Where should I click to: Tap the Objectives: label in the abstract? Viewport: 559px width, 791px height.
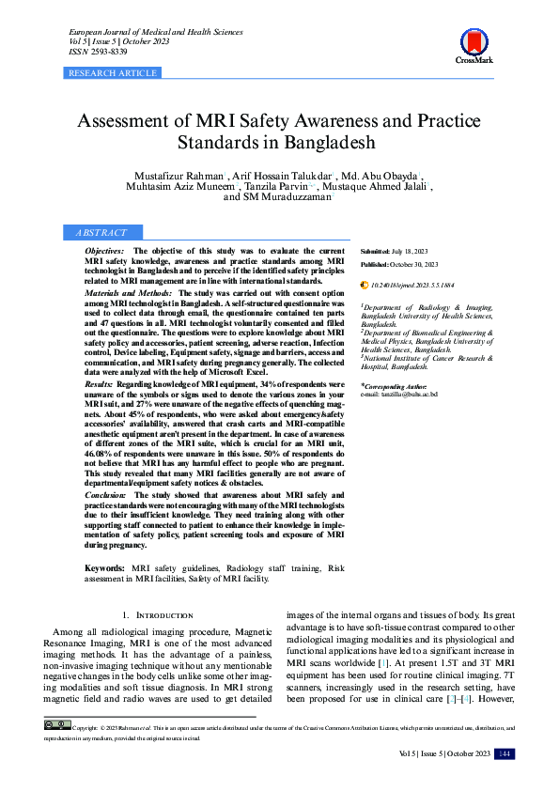pyautogui.click(x=103, y=252)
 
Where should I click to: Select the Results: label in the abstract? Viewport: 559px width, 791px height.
pyautogui.click(x=99, y=385)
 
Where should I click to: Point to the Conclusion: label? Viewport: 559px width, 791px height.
pyautogui.click(x=105, y=494)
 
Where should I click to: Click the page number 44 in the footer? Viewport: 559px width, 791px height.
pyautogui.click(x=505, y=753)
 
